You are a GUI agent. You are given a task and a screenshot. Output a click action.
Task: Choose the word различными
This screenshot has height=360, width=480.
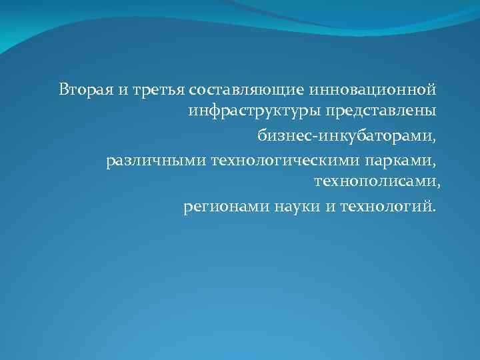pyautogui.click(x=156, y=161)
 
